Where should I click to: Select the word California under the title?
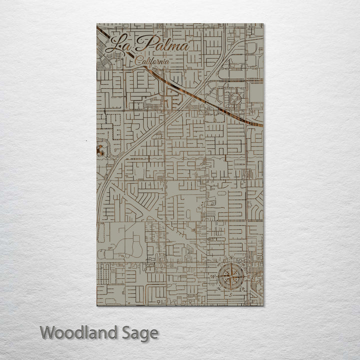pyautogui.click(x=152, y=61)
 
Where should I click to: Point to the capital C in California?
pyautogui.click(x=138, y=61)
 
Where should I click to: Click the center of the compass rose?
pyautogui.click(x=232, y=275)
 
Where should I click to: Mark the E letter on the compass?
pyautogui.click(x=249, y=274)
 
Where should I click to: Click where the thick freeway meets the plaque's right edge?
pyautogui.click(x=262, y=124)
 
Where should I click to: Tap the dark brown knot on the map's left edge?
pyautogui.click(x=100, y=149)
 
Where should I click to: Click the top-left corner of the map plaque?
pyautogui.click(x=97, y=24)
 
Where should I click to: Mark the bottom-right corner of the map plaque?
pyautogui.click(x=263, y=305)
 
